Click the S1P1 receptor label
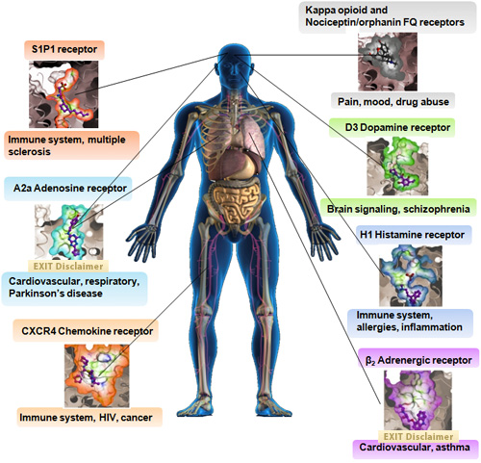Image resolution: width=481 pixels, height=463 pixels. click(x=64, y=49)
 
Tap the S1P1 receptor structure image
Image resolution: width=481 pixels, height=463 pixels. click(x=63, y=94)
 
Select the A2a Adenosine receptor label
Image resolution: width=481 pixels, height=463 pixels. click(x=70, y=188)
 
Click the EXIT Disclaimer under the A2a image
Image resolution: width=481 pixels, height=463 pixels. click(x=68, y=266)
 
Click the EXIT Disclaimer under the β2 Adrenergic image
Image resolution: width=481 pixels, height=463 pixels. click(x=418, y=436)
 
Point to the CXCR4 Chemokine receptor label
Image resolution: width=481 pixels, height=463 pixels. click(x=88, y=331)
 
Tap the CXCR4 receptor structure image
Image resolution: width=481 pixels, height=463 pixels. click(x=97, y=375)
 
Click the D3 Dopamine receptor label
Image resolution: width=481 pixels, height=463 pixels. click(x=397, y=127)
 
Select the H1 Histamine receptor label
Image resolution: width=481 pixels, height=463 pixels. click(x=412, y=235)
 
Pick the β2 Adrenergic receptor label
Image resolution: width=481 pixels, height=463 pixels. click(x=418, y=360)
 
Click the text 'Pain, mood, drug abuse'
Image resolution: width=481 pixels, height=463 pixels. click(x=393, y=102)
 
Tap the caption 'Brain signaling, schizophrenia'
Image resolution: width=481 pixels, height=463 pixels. click(x=398, y=209)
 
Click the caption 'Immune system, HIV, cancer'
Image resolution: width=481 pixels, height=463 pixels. click(x=86, y=417)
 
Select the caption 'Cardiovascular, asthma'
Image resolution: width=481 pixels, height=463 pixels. click(x=415, y=447)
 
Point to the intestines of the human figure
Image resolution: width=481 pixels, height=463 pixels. click(x=238, y=202)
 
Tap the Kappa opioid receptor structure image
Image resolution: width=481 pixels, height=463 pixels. click(x=388, y=62)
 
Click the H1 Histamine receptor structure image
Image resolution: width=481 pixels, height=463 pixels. click(x=411, y=275)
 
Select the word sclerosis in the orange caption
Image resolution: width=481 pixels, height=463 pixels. click(x=29, y=151)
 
